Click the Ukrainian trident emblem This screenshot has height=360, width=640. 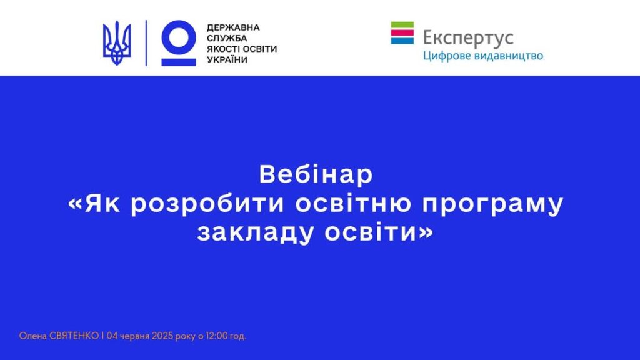point(117,43)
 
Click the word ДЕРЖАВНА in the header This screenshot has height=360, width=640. point(233,27)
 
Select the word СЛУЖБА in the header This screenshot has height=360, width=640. point(227,38)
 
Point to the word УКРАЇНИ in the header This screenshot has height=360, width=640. point(227,59)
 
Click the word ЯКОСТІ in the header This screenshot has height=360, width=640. point(223,49)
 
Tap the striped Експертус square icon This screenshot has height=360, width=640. point(402,32)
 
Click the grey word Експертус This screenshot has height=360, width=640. point(468,38)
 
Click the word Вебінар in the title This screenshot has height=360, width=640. point(316,174)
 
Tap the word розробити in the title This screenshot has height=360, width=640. point(207,204)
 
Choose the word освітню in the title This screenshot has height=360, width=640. point(354,204)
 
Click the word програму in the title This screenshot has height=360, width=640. point(493,205)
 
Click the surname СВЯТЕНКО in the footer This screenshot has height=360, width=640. point(74,336)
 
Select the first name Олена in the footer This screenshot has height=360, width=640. point(33,336)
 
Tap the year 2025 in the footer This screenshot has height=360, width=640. point(162,336)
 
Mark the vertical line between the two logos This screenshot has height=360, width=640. point(146,43)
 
